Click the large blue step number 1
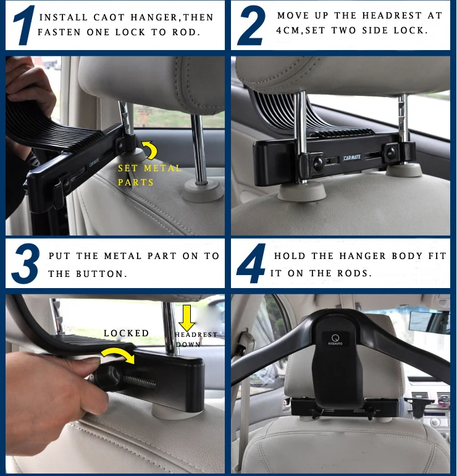[x=24, y=26]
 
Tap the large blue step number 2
[x=251, y=26]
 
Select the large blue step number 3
[x=25, y=263]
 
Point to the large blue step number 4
[x=251, y=263]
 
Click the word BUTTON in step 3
[x=100, y=274]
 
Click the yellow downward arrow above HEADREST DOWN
[x=187, y=318]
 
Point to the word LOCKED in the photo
[x=126, y=333]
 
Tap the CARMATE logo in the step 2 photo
[x=352, y=158]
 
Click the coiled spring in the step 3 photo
[x=139, y=381]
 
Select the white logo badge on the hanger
[x=335, y=340]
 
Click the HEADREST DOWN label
[x=196, y=339]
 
